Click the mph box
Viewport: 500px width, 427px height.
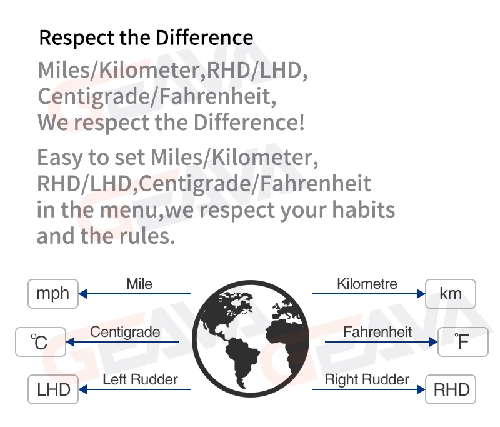click(x=53, y=294)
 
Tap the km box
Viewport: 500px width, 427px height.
click(x=451, y=294)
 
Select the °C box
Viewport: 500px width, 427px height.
click(x=41, y=342)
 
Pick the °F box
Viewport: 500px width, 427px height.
click(x=463, y=342)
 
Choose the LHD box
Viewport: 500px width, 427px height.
click(x=53, y=389)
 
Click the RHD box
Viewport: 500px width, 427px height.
click(x=451, y=389)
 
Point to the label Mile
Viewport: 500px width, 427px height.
click(x=139, y=284)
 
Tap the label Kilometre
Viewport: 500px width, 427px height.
click(x=367, y=284)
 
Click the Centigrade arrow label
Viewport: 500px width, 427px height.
click(x=125, y=333)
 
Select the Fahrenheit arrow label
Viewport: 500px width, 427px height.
click(x=377, y=332)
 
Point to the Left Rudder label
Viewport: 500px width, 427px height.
click(x=140, y=379)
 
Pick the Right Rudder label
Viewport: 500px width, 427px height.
click(x=367, y=379)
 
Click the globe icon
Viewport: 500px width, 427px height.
click(x=251, y=339)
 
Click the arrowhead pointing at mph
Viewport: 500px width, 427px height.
click(x=82, y=294)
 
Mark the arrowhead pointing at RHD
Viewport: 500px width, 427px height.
click(x=421, y=389)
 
